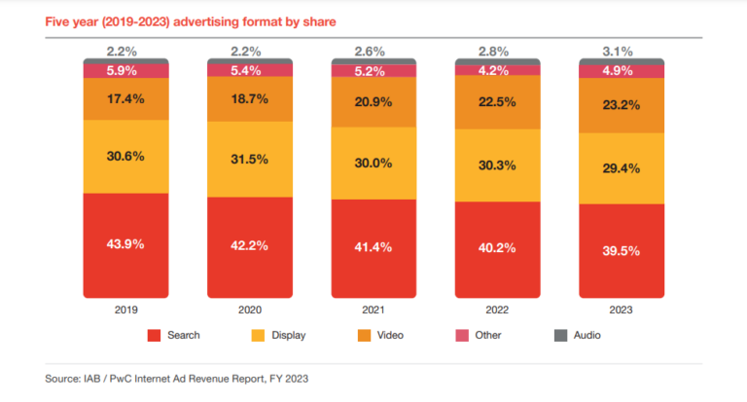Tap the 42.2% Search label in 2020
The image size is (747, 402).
click(249, 245)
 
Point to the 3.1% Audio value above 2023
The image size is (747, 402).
click(622, 50)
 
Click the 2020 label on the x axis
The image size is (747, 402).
click(249, 311)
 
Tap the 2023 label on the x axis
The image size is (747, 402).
click(622, 311)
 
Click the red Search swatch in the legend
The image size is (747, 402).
click(154, 336)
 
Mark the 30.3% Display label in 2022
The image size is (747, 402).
click(498, 165)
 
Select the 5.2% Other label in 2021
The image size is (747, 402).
click(373, 70)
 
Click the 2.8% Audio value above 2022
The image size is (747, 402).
click(498, 50)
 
